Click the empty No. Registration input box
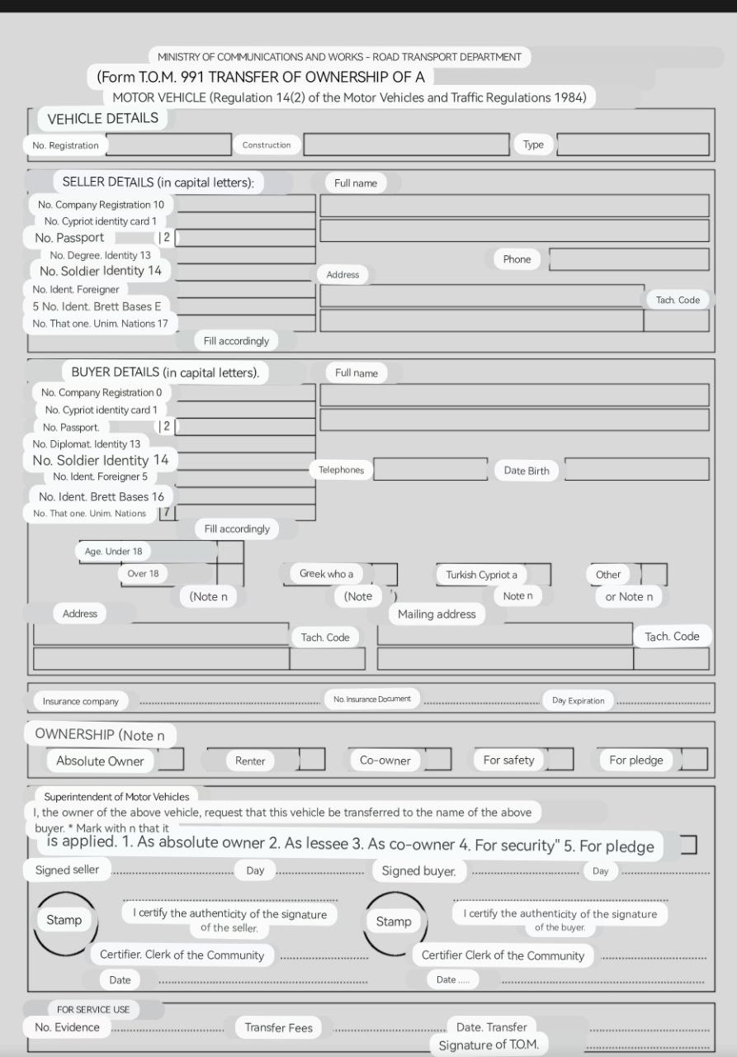tap(168, 145)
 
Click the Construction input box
tap(406, 145)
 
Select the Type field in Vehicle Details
tap(633, 145)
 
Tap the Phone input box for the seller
tap(629, 259)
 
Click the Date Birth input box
tap(636, 470)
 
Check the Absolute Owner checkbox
tap(171, 760)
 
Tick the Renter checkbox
tap(312, 760)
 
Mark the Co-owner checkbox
tap(437, 760)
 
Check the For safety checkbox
tap(560, 760)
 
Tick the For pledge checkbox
tap(694, 760)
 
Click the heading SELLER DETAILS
tap(158, 182)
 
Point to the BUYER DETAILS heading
tap(165, 372)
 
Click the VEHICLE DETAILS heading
tap(102, 118)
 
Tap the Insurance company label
tap(81, 701)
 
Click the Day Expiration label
tap(578, 701)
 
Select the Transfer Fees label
tap(278, 1027)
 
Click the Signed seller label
tap(67, 870)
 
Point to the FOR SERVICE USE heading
tap(92, 1009)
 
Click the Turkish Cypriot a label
tap(481, 575)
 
